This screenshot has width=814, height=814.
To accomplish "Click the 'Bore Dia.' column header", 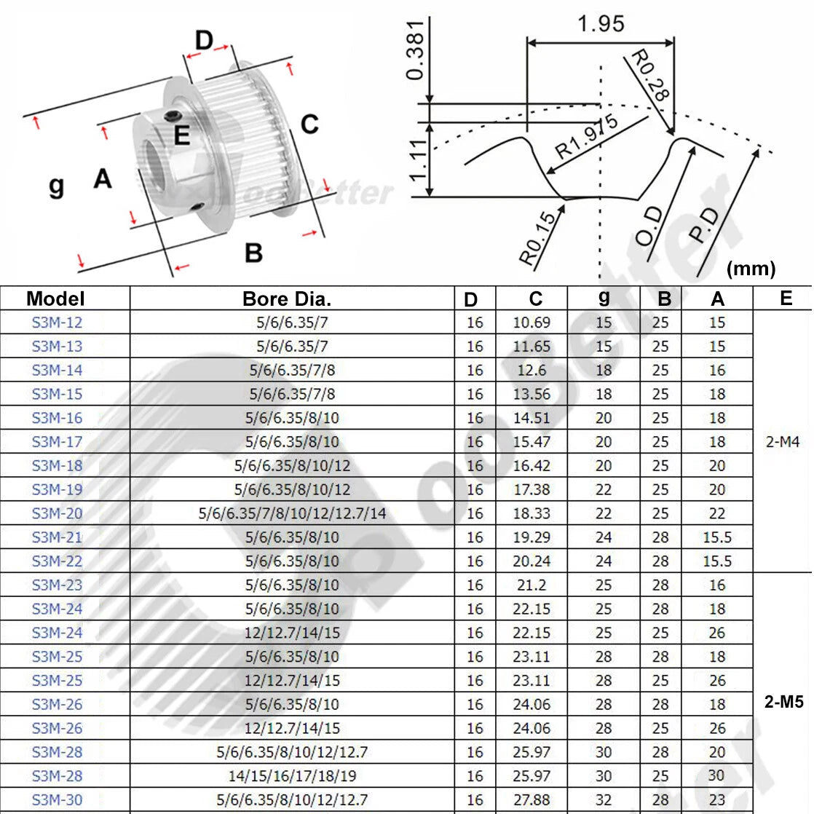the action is [287, 299].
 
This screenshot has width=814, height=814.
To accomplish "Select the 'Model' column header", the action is [55, 299].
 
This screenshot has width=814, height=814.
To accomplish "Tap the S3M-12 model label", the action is [57, 323].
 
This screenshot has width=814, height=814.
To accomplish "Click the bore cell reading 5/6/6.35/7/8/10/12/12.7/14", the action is [292, 513].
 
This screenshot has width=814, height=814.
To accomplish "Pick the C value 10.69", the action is [532, 323].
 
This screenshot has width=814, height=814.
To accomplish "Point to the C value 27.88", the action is [532, 800].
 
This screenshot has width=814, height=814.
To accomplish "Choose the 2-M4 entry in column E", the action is [783, 442].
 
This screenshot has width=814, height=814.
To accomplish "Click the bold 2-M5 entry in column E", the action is [784, 702].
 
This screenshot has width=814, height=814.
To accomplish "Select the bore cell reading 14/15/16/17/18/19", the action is [292, 776].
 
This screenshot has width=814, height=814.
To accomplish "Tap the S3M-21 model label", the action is [57, 537].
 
